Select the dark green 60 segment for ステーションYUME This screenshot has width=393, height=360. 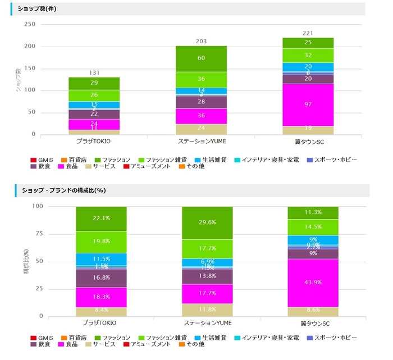pos(200,58)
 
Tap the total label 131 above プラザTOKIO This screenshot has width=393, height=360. pos(94,72)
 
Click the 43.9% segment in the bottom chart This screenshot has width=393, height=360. pos(313,282)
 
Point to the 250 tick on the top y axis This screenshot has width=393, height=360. pos(30,24)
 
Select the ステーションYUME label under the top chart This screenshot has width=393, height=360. pos(200,142)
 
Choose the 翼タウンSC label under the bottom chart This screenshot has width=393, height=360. pos(313,323)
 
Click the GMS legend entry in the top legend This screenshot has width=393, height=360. pos(44,160)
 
